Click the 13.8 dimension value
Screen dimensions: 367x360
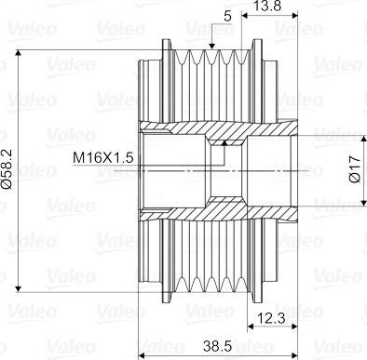(x=267, y=6)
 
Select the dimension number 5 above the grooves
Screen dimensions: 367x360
(x=227, y=17)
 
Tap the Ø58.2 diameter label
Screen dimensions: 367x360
(x=7, y=169)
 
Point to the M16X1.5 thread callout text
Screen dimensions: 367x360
(x=103, y=158)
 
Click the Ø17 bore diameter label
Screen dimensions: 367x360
(x=354, y=169)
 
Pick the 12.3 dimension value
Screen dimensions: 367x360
(x=271, y=318)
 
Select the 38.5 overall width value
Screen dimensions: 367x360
(x=218, y=346)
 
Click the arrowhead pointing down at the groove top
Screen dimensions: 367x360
(x=212, y=46)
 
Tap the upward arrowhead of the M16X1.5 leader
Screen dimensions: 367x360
(x=224, y=143)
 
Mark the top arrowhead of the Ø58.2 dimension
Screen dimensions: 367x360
(x=19, y=53)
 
